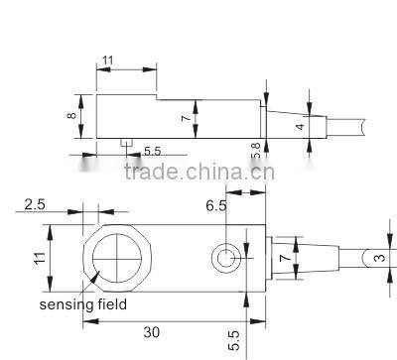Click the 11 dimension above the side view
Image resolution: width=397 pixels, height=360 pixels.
click(x=107, y=60)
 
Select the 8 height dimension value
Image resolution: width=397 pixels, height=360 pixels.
click(x=71, y=115)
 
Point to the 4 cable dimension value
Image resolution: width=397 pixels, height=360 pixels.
click(x=301, y=127)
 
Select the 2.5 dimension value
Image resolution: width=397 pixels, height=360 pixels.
click(x=34, y=205)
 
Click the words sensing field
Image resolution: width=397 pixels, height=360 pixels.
click(x=83, y=304)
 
